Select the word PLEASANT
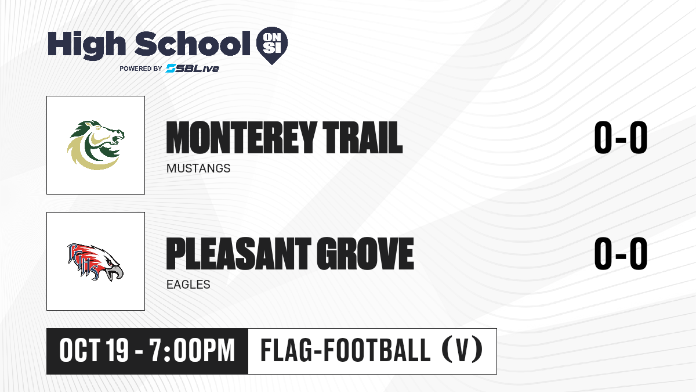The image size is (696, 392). click(238, 254)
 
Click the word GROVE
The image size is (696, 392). click(365, 254)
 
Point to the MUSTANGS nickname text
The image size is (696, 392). click(198, 168)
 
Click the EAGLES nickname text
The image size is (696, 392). click(188, 285)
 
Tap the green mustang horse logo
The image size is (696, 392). click(96, 145)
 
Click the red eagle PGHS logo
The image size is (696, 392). click(96, 262)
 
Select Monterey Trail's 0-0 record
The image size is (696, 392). click(621, 138)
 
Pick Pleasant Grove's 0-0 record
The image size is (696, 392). click(621, 254)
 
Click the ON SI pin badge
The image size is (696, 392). click(272, 45)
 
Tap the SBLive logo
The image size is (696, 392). click(192, 69)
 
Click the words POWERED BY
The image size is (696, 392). click(141, 69)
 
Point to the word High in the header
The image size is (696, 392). click(86, 44)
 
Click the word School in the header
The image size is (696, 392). click(193, 44)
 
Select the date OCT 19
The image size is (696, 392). click(94, 351)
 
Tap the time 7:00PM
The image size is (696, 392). click(192, 351)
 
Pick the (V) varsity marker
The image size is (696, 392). click(462, 350)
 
